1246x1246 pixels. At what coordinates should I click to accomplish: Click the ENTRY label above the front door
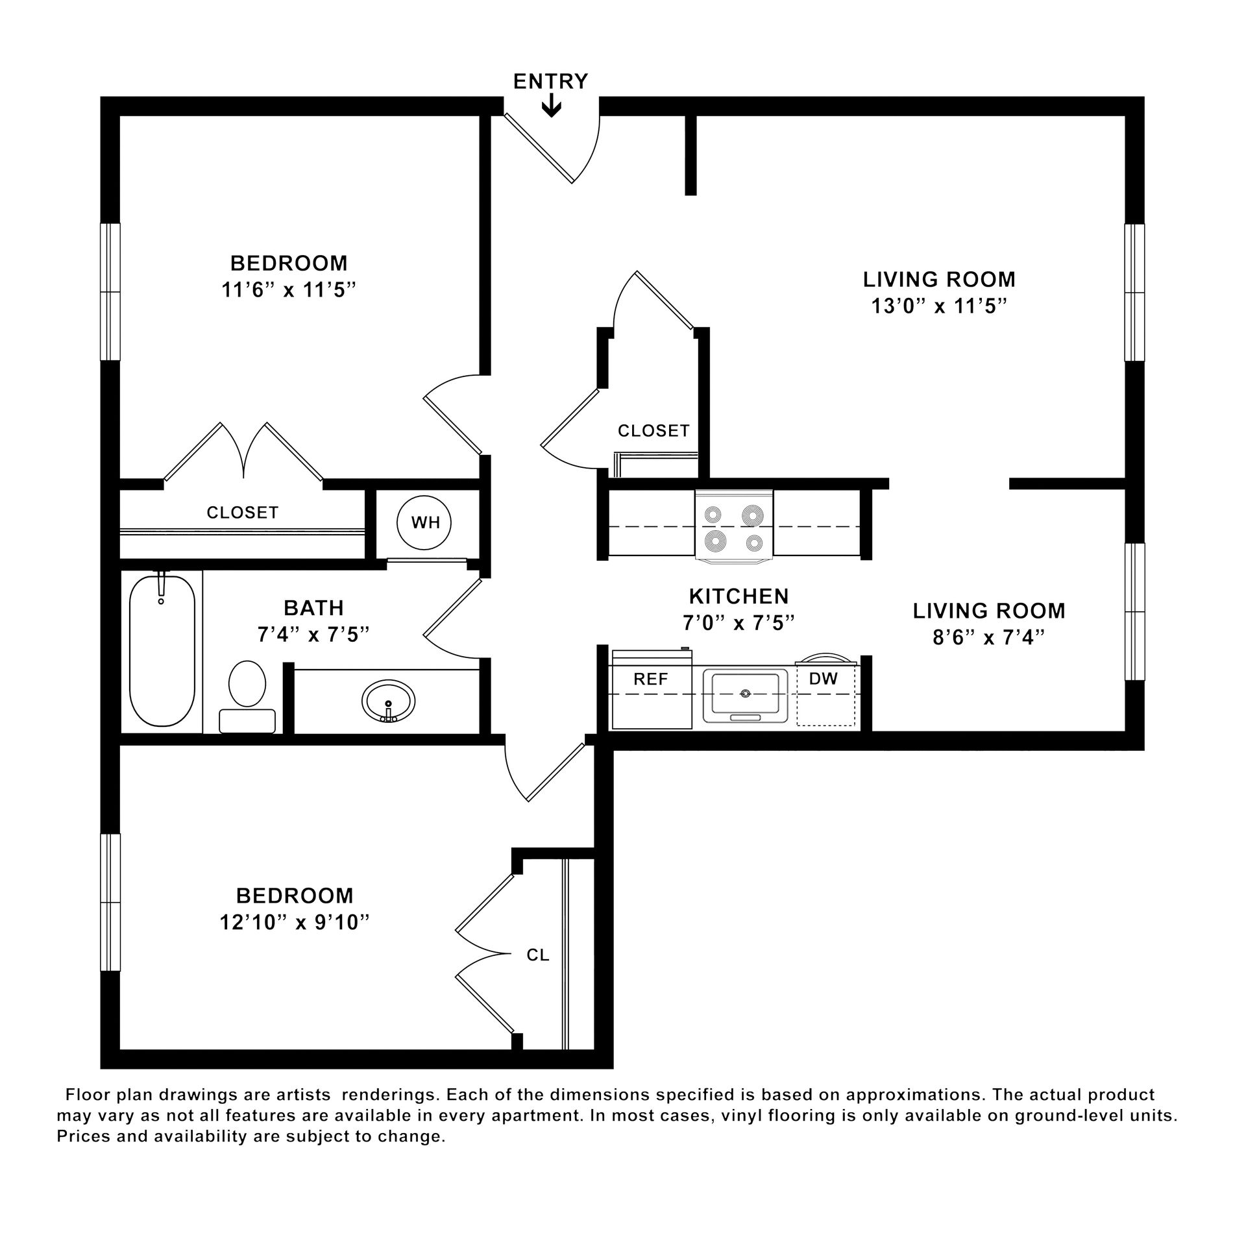coord(550,81)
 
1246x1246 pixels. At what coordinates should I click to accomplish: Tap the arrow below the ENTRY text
coord(552,106)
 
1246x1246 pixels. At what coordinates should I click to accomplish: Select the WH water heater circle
coord(424,522)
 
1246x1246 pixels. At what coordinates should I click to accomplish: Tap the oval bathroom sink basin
coord(389,701)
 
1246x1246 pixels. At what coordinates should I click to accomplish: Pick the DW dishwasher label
coord(824,679)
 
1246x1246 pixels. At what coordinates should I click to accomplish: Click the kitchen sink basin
coord(745,694)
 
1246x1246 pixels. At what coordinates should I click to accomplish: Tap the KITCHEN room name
coord(739,596)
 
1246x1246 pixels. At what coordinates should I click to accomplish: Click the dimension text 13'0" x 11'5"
coord(938,306)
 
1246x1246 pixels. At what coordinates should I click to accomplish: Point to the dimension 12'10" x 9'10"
coord(295,922)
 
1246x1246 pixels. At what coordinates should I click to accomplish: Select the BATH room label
coord(313,608)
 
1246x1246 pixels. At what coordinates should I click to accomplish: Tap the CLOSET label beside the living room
coord(654,431)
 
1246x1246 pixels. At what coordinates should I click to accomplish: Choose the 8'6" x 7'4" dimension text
coord(988,638)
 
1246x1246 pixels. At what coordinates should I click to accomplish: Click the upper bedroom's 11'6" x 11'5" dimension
coord(289,289)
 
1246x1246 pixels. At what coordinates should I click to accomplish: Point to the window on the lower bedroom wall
coord(110,902)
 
